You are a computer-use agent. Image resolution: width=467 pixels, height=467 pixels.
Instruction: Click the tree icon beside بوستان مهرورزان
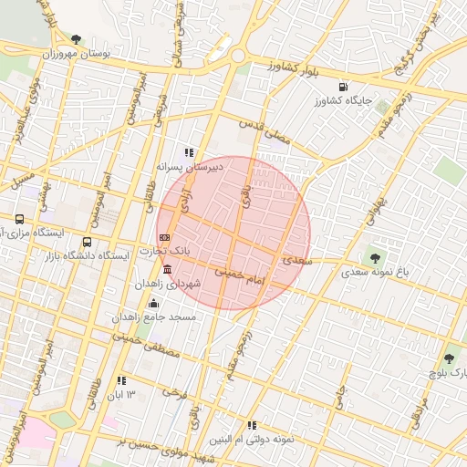(x=76, y=39)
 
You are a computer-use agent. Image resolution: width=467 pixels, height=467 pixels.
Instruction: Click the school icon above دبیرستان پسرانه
(x=189, y=153)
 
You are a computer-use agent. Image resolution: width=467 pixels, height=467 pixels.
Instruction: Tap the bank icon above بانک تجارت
(x=163, y=237)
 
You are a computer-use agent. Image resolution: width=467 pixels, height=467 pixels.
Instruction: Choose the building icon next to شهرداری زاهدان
(x=166, y=270)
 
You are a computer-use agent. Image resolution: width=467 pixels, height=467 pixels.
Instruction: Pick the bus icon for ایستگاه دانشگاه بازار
(x=87, y=243)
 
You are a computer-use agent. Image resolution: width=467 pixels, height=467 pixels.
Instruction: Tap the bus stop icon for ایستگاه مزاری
(x=20, y=220)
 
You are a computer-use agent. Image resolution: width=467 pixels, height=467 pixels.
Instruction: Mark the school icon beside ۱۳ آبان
(x=120, y=380)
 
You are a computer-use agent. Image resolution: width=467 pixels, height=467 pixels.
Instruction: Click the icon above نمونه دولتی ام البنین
(x=252, y=424)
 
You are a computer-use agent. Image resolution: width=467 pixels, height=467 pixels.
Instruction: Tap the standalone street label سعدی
(x=297, y=260)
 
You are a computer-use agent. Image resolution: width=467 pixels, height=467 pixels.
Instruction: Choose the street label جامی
(x=338, y=396)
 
